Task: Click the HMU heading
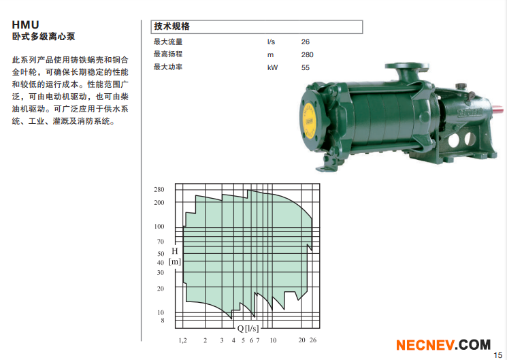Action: tap(26, 25)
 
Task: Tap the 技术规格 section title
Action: tap(171, 27)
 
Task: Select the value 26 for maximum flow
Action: tap(306, 42)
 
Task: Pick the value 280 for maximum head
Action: tap(307, 54)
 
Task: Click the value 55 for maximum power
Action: tap(306, 67)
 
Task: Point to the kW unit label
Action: tap(272, 67)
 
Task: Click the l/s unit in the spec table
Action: tap(271, 42)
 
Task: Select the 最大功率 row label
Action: tap(168, 67)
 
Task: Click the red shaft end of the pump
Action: tap(499, 108)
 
